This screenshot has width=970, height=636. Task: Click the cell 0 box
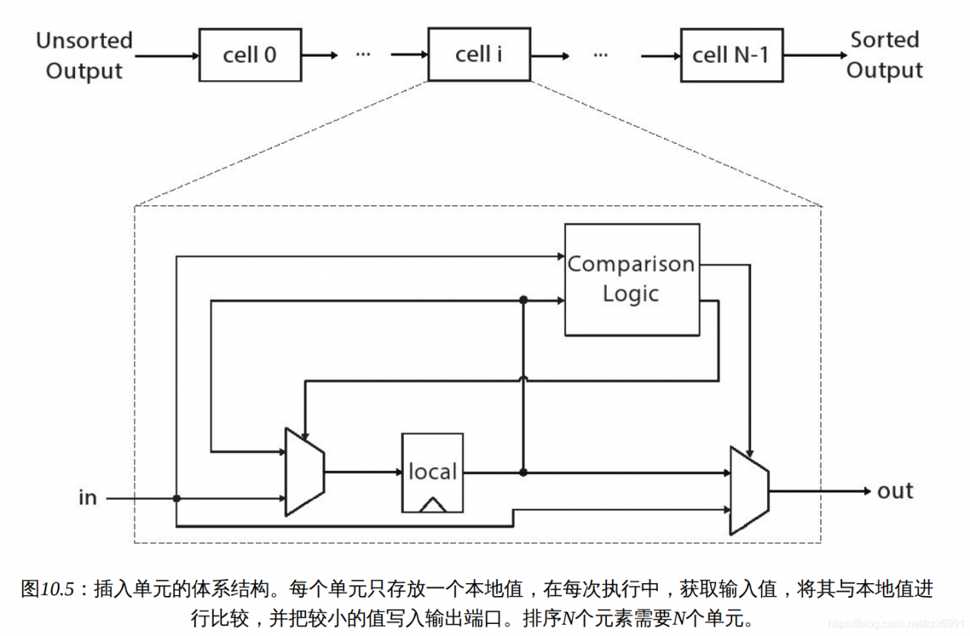tap(250, 55)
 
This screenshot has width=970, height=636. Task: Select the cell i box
tap(479, 55)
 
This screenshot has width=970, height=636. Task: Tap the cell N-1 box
tap(731, 55)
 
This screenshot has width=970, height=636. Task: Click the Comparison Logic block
tap(631, 279)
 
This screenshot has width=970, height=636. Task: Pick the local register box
tap(432, 472)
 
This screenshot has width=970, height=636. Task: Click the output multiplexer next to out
tap(749, 491)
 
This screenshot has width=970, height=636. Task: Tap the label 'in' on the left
tap(88, 498)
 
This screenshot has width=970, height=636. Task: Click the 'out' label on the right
tap(895, 491)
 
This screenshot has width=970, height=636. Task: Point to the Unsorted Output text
tap(84, 55)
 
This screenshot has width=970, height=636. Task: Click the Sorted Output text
tap(884, 55)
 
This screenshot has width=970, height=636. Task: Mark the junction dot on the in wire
tap(177, 498)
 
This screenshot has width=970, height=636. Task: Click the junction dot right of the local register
tap(523, 472)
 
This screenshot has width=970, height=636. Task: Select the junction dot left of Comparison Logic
tap(523, 301)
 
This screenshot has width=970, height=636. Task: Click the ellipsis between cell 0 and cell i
tap(364, 55)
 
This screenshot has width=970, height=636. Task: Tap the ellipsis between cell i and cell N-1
tap(601, 55)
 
